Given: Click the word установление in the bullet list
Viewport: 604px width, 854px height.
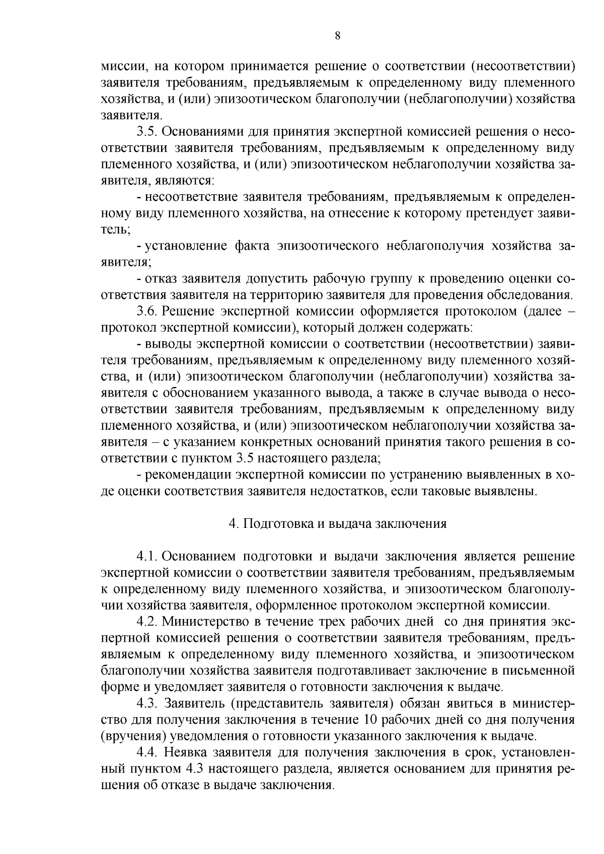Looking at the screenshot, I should [184, 246].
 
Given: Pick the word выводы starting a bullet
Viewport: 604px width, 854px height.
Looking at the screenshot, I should [168, 344].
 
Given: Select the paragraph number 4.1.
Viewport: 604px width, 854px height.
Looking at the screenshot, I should [147, 556].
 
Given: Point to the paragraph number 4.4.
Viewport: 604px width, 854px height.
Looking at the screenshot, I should [147, 752].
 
